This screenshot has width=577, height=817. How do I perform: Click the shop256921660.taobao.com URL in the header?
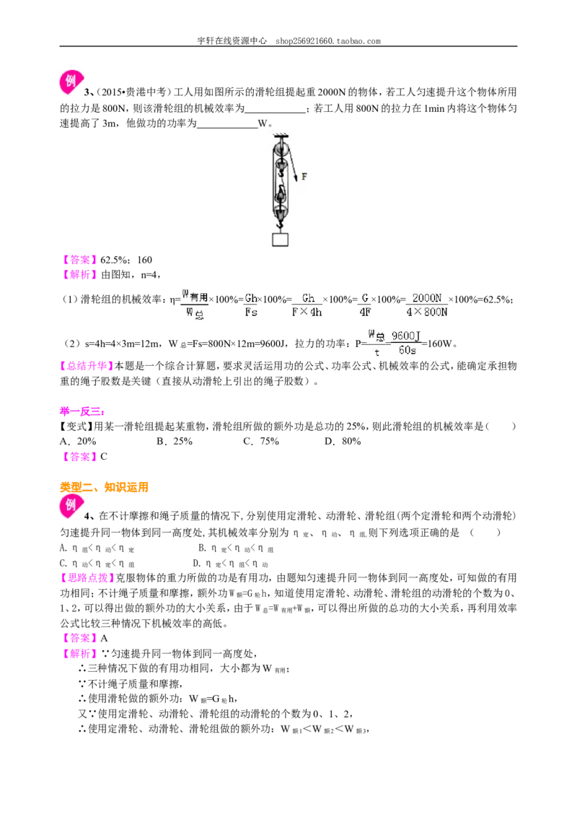[328, 40]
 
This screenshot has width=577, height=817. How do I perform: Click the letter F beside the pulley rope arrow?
[304, 177]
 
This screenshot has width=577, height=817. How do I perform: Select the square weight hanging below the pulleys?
[280, 239]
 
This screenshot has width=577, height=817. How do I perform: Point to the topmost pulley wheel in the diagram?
[281, 148]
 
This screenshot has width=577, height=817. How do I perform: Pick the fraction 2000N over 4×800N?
[426, 305]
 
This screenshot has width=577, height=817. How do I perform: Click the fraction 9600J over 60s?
[405, 343]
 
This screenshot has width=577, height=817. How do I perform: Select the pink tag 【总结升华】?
[87, 366]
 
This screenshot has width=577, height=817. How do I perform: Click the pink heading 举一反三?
[82, 411]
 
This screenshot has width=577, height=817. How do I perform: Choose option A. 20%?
[78, 441]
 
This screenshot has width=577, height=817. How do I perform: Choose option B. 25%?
[175, 441]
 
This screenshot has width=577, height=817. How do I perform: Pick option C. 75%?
[261, 441]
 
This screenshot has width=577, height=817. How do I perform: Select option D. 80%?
[343, 441]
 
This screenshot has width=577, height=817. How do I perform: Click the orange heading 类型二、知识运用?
[104, 487]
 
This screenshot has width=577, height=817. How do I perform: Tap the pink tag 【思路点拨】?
[87, 578]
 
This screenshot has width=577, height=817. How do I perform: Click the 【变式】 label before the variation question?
[76, 427]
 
